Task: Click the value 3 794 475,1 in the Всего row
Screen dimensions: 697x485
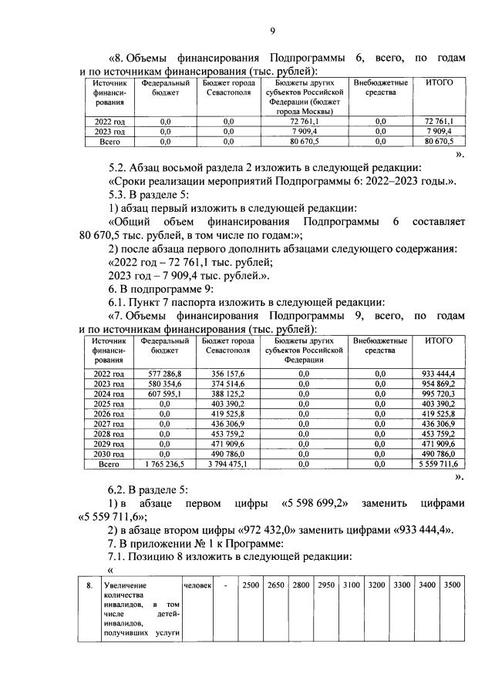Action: pos(228,465)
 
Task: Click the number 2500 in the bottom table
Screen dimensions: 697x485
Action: pos(251,586)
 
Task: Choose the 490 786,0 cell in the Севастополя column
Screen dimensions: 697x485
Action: pos(228,455)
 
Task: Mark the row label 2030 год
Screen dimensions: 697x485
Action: pos(109,455)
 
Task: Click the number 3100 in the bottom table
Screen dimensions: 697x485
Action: pos(352,586)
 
